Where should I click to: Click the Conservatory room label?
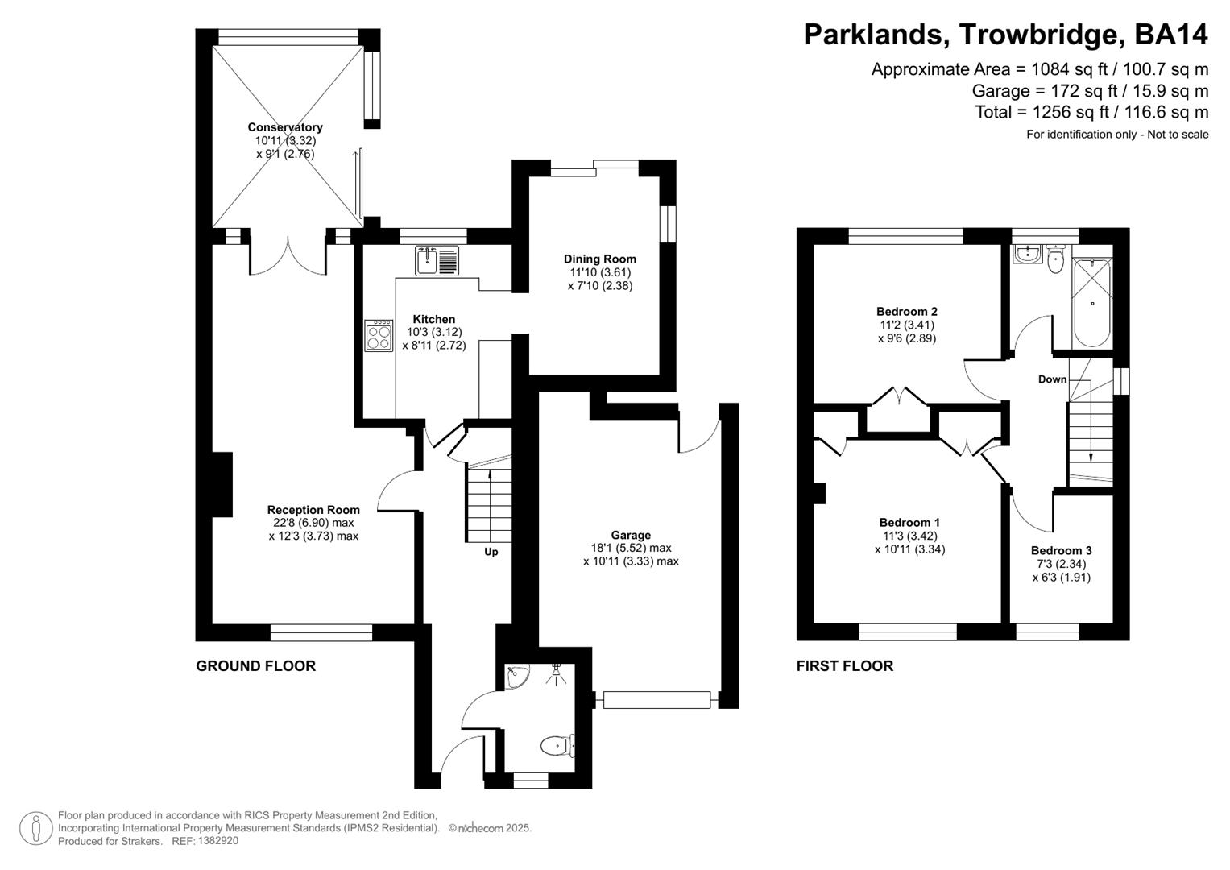[x=284, y=127]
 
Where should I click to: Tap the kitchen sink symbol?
[x=437, y=260]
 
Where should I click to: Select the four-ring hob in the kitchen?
[x=377, y=336]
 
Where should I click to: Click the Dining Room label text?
[x=599, y=259]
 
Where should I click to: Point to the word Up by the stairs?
[x=491, y=552]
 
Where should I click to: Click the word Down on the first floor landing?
[x=1052, y=379]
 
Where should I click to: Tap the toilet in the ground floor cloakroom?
[x=556, y=746]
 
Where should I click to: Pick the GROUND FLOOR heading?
[x=255, y=666]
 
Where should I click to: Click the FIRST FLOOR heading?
[x=844, y=666]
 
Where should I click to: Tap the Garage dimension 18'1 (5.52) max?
[x=631, y=548]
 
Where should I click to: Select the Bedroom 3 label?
[x=1061, y=551]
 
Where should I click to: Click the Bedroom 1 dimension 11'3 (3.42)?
[x=909, y=536]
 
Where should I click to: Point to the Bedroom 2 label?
[x=906, y=312]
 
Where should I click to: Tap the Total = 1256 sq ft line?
[x=1091, y=112]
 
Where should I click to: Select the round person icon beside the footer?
[x=35, y=828]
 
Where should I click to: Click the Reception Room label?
[x=313, y=510]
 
